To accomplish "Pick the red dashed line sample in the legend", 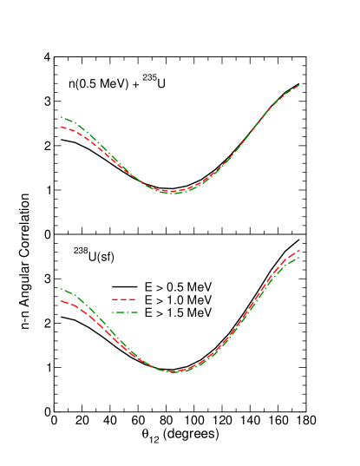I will tap(125, 299).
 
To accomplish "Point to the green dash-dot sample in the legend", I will tap(125, 312).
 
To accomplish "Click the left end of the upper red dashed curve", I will tap(62, 127).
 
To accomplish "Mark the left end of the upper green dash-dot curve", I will tap(62, 117).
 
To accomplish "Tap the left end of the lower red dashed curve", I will tap(62, 301).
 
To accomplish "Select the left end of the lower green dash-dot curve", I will tap(62, 289).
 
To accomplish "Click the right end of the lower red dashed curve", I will tap(299, 251).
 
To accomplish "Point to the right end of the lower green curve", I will tap(299, 258).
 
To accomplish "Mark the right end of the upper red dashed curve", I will tap(299, 85).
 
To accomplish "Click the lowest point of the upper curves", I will tap(173, 192).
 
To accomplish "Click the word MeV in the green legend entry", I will tap(199, 312).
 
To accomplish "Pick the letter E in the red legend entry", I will tap(148, 299).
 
